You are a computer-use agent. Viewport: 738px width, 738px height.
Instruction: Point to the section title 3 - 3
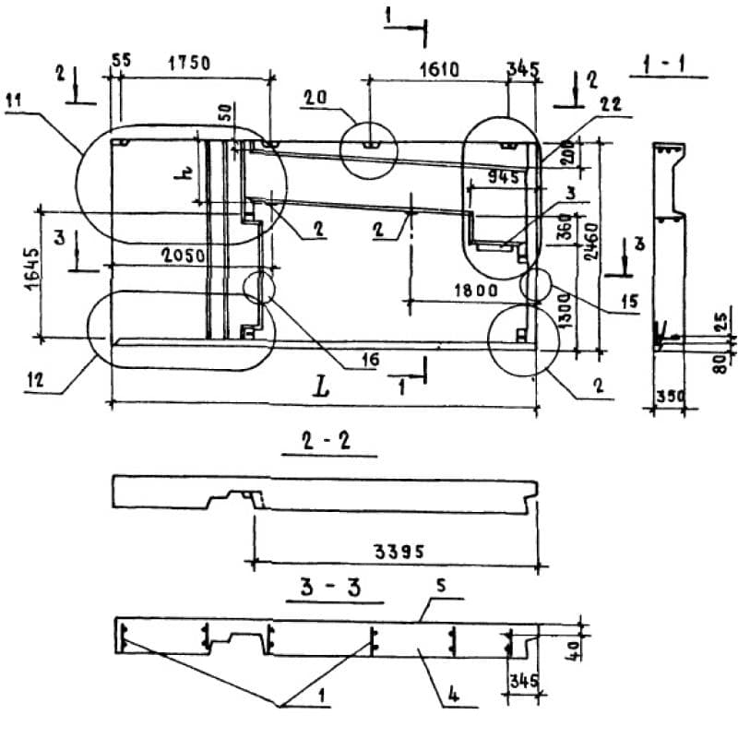(329, 589)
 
